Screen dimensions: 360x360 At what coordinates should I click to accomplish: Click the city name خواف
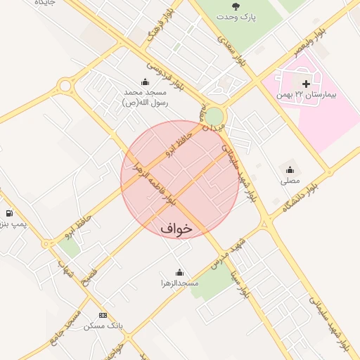pyautogui.click(x=176, y=229)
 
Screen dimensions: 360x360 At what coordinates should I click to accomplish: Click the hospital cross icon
pyautogui.click(x=307, y=84)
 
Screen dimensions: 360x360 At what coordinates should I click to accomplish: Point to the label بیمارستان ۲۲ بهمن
pyautogui.click(x=307, y=94)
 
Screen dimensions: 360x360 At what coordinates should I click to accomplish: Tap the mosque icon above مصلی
pyautogui.click(x=290, y=169)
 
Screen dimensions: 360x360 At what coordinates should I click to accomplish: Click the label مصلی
pyautogui.click(x=290, y=181)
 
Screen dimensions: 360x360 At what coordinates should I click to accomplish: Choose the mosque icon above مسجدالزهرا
pyautogui.click(x=179, y=272)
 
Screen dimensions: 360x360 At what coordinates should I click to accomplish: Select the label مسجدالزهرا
pyautogui.click(x=179, y=283)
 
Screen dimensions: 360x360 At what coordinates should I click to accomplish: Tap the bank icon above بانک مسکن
pyautogui.click(x=103, y=315)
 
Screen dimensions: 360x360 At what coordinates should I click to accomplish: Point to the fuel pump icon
pyautogui.click(x=8, y=213)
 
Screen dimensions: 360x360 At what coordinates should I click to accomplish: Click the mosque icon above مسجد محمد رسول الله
pyautogui.click(x=145, y=82)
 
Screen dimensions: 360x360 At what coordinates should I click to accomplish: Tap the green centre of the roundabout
pyautogui.click(x=214, y=115)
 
